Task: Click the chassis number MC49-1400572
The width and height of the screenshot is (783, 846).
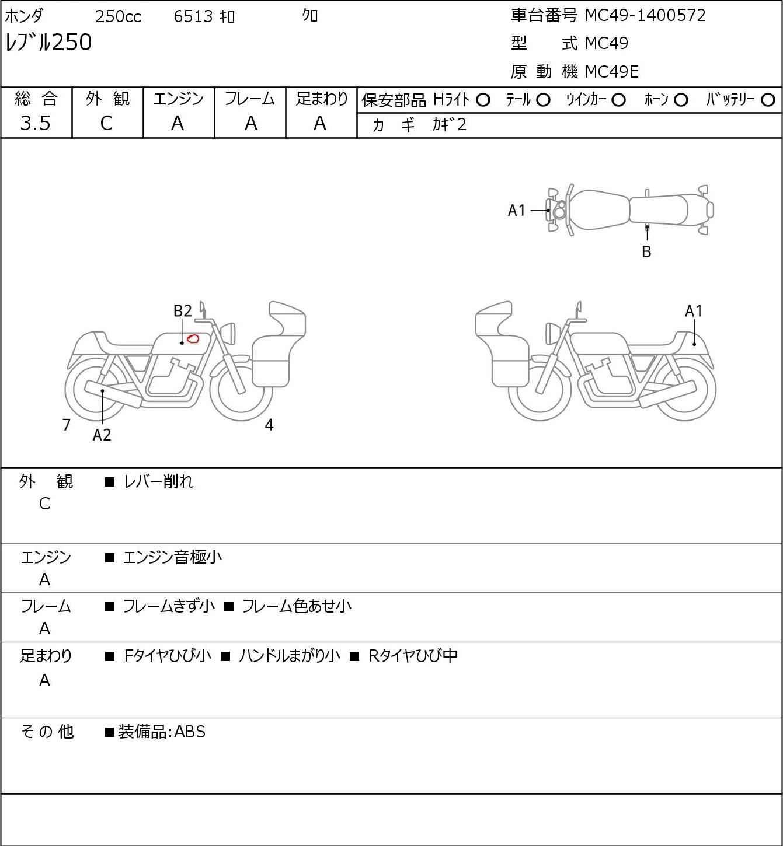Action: pos(645,16)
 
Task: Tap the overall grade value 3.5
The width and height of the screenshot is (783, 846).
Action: pos(36,124)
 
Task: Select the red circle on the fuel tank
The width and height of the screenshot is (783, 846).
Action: pos(193,339)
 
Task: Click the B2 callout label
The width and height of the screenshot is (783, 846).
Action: pos(183,311)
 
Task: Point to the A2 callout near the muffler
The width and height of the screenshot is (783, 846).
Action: pos(102,435)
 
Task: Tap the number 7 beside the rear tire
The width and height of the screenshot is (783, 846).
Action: pos(66,425)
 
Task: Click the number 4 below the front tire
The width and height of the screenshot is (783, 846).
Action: pos(269,425)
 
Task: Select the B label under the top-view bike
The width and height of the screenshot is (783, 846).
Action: pos(646,251)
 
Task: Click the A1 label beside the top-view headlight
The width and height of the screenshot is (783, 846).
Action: pos(517,211)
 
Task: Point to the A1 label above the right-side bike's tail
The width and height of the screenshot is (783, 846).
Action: pos(694,311)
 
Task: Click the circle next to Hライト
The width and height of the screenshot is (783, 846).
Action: pos(483,100)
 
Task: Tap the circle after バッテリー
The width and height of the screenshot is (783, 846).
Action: pos(768,100)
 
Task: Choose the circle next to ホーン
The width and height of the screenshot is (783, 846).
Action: pos(681,100)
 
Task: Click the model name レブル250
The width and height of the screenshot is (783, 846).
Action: pos(48,42)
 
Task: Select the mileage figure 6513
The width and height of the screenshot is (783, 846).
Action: pos(193,16)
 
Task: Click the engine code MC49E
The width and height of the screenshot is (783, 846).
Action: pos(612,72)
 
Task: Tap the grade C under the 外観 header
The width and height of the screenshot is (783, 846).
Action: pos(106,124)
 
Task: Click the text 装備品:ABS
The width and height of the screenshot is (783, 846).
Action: pos(162,732)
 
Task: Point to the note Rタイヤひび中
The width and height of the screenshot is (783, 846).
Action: pos(413,656)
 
